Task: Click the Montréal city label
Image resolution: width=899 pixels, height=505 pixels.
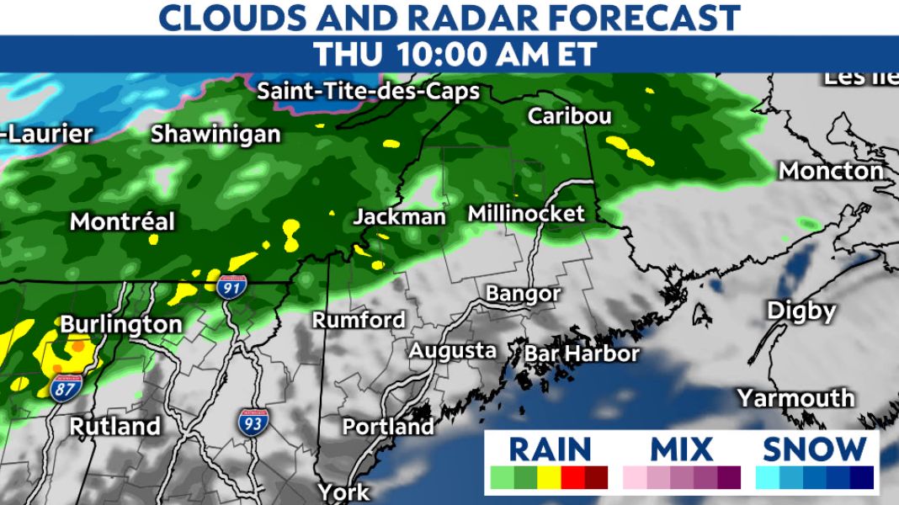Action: pyautogui.click(x=122, y=222)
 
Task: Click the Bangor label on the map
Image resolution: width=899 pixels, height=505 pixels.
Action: pyautogui.click(x=523, y=294)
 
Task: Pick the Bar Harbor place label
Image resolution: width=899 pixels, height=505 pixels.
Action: pyautogui.click(x=582, y=353)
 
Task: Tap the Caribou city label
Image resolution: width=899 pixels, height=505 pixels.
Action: pyautogui.click(x=569, y=116)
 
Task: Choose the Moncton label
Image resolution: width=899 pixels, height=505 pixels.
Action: pyautogui.click(x=831, y=171)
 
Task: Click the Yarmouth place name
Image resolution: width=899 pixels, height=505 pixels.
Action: pyautogui.click(x=795, y=397)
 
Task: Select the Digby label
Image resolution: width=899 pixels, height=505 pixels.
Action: pyautogui.click(x=801, y=311)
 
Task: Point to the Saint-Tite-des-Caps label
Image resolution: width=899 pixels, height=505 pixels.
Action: pyautogui.click(x=368, y=91)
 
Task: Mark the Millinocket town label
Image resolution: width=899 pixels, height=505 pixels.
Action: pyautogui.click(x=525, y=214)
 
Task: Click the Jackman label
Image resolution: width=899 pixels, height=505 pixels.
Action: pyautogui.click(x=399, y=217)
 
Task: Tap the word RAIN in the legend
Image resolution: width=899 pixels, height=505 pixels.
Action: pyautogui.click(x=550, y=449)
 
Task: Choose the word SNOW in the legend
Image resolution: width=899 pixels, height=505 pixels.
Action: pyautogui.click(x=814, y=449)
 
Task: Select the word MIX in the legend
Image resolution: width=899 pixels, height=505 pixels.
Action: pyautogui.click(x=682, y=449)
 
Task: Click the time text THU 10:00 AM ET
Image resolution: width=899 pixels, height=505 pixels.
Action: pyautogui.click(x=455, y=55)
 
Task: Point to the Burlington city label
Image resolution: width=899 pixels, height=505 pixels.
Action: pyautogui.click(x=121, y=324)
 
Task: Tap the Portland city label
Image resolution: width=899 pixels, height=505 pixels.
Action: pyautogui.click(x=388, y=427)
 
